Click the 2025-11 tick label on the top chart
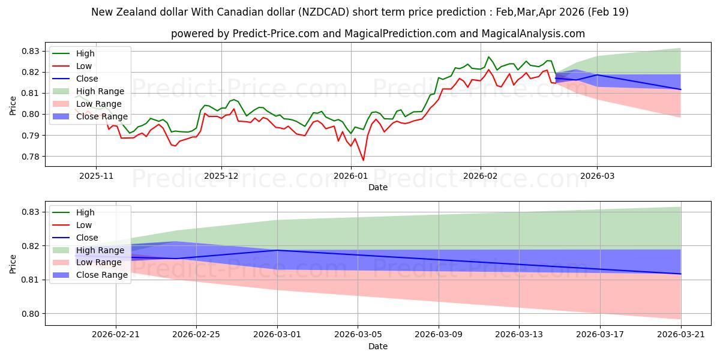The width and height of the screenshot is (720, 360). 96,176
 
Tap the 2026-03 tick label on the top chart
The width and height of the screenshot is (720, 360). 597,176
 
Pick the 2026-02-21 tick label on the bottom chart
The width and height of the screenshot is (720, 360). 116,335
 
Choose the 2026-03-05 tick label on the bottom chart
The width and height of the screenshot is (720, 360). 358,335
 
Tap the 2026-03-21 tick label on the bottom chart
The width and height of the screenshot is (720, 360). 681,335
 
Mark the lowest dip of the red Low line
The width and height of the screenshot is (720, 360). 363,160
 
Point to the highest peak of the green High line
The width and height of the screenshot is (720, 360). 488,57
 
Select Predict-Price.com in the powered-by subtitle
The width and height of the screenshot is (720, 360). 276,34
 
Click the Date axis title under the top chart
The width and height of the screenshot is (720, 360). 377,187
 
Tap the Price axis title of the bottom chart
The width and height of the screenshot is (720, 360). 13,264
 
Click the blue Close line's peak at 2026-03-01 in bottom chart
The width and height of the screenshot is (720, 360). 277,250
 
